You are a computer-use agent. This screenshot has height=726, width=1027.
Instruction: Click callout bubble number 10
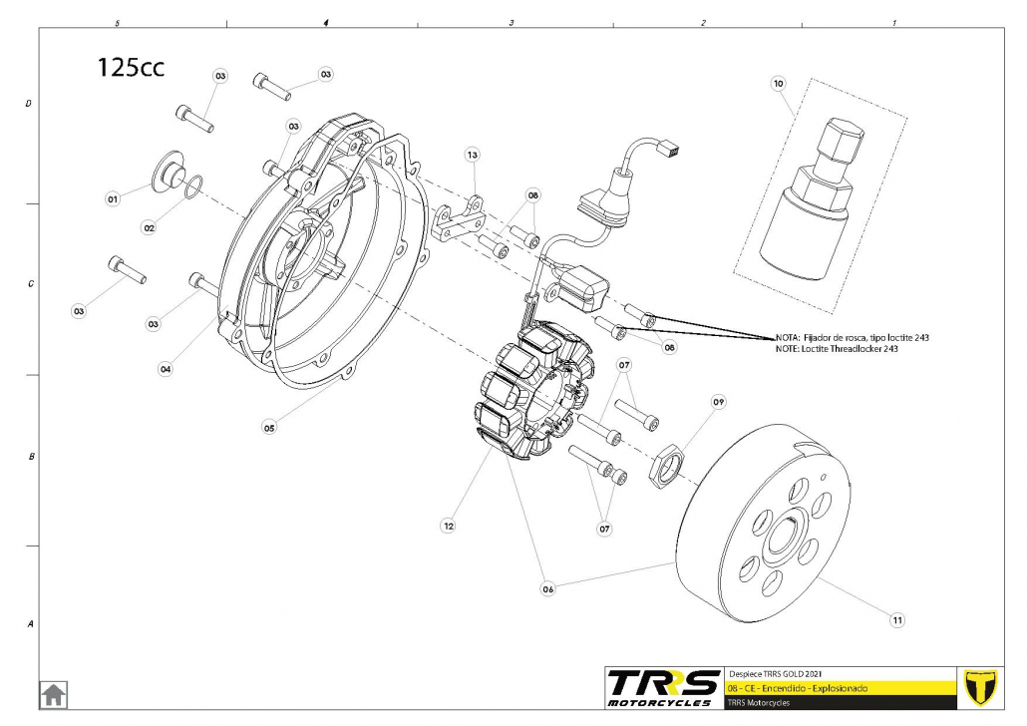pyautogui.click(x=779, y=84)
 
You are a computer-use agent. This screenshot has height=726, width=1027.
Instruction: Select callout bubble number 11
pyautogui.click(x=897, y=620)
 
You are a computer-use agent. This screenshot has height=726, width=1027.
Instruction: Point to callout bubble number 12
pyautogui.click(x=450, y=525)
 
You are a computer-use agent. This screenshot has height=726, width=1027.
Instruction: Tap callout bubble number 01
pyautogui.click(x=113, y=199)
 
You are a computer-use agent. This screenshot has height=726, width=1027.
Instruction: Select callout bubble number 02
pyautogui.click(x=150, y=227)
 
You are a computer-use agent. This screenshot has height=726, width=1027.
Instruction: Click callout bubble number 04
pyautogui.click(x=166, y=369)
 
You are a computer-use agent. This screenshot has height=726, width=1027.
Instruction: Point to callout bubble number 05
pyautogui.click(x=269, y=427)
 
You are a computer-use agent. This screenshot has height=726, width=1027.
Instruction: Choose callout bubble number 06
pyautogui.click(x=547, y=589)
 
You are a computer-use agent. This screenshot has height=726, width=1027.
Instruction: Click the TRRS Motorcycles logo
pyautogui.click(x=664, y=687)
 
